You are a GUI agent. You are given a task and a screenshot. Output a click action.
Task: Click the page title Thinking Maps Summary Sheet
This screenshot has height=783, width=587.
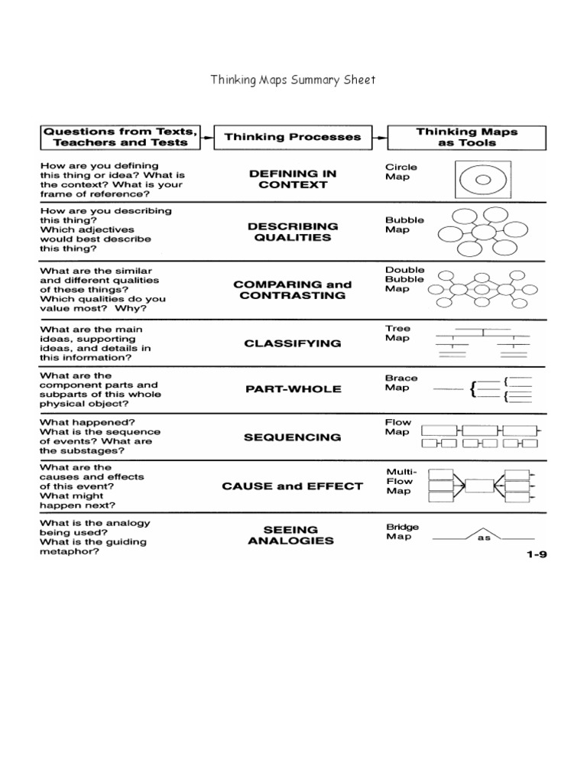[293, 80]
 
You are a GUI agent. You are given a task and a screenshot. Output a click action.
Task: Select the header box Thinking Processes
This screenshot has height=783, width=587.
[292, 137]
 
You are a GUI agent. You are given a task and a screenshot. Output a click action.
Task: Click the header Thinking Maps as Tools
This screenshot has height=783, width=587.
[467, 137]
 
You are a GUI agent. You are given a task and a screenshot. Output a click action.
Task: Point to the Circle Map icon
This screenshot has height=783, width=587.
[482, 180]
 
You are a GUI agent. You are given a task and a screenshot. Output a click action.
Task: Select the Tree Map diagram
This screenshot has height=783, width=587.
[483, 343]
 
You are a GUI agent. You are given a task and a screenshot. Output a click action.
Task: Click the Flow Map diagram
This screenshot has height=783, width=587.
[482, 437]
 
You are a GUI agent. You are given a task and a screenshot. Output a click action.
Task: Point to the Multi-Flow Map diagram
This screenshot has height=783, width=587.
[479, 486]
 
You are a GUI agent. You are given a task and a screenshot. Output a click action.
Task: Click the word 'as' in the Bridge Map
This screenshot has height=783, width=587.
[483, 538]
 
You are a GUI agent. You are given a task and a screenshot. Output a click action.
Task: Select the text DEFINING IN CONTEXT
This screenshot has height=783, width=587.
[293, 179]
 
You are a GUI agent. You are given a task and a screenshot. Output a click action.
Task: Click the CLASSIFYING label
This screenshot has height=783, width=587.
[293, 343]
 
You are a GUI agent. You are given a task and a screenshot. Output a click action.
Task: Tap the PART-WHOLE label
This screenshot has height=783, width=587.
[293, 388]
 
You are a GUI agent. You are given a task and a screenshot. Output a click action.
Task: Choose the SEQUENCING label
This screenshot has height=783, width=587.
[293, 437]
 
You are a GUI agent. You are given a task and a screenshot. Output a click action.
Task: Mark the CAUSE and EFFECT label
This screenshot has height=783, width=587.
[293, 486]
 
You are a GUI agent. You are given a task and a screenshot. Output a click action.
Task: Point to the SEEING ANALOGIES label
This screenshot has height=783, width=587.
[291, 534]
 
